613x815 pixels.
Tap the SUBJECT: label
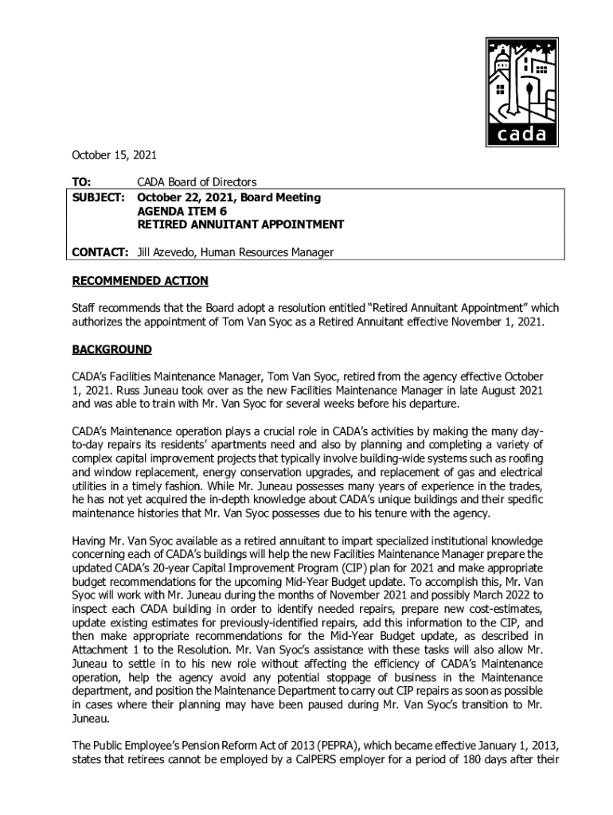[99, 197]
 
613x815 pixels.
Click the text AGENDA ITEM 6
[182, 211]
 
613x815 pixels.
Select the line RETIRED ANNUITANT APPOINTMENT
[240, 224]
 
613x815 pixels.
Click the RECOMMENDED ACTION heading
[140, 281]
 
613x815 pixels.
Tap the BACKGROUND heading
[111, 349]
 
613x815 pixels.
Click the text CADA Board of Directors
[197, 182]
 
